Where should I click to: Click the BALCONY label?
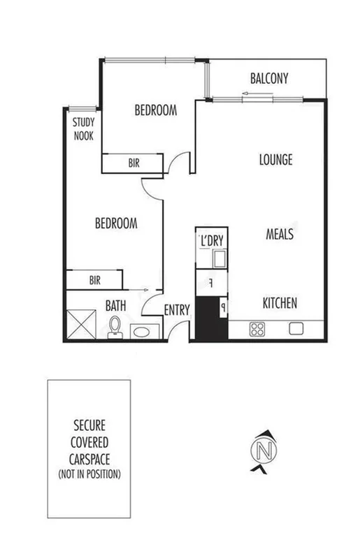(269, 79)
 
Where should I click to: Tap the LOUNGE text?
(275, 159)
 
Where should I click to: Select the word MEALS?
(279, 235)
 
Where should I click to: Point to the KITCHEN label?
(280, 303)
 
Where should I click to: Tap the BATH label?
(116, 305)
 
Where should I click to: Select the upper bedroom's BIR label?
(134, 162)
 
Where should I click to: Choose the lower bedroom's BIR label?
(95, 280)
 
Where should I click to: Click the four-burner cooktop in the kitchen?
(257, 328)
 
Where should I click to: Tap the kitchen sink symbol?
(296, 328)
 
